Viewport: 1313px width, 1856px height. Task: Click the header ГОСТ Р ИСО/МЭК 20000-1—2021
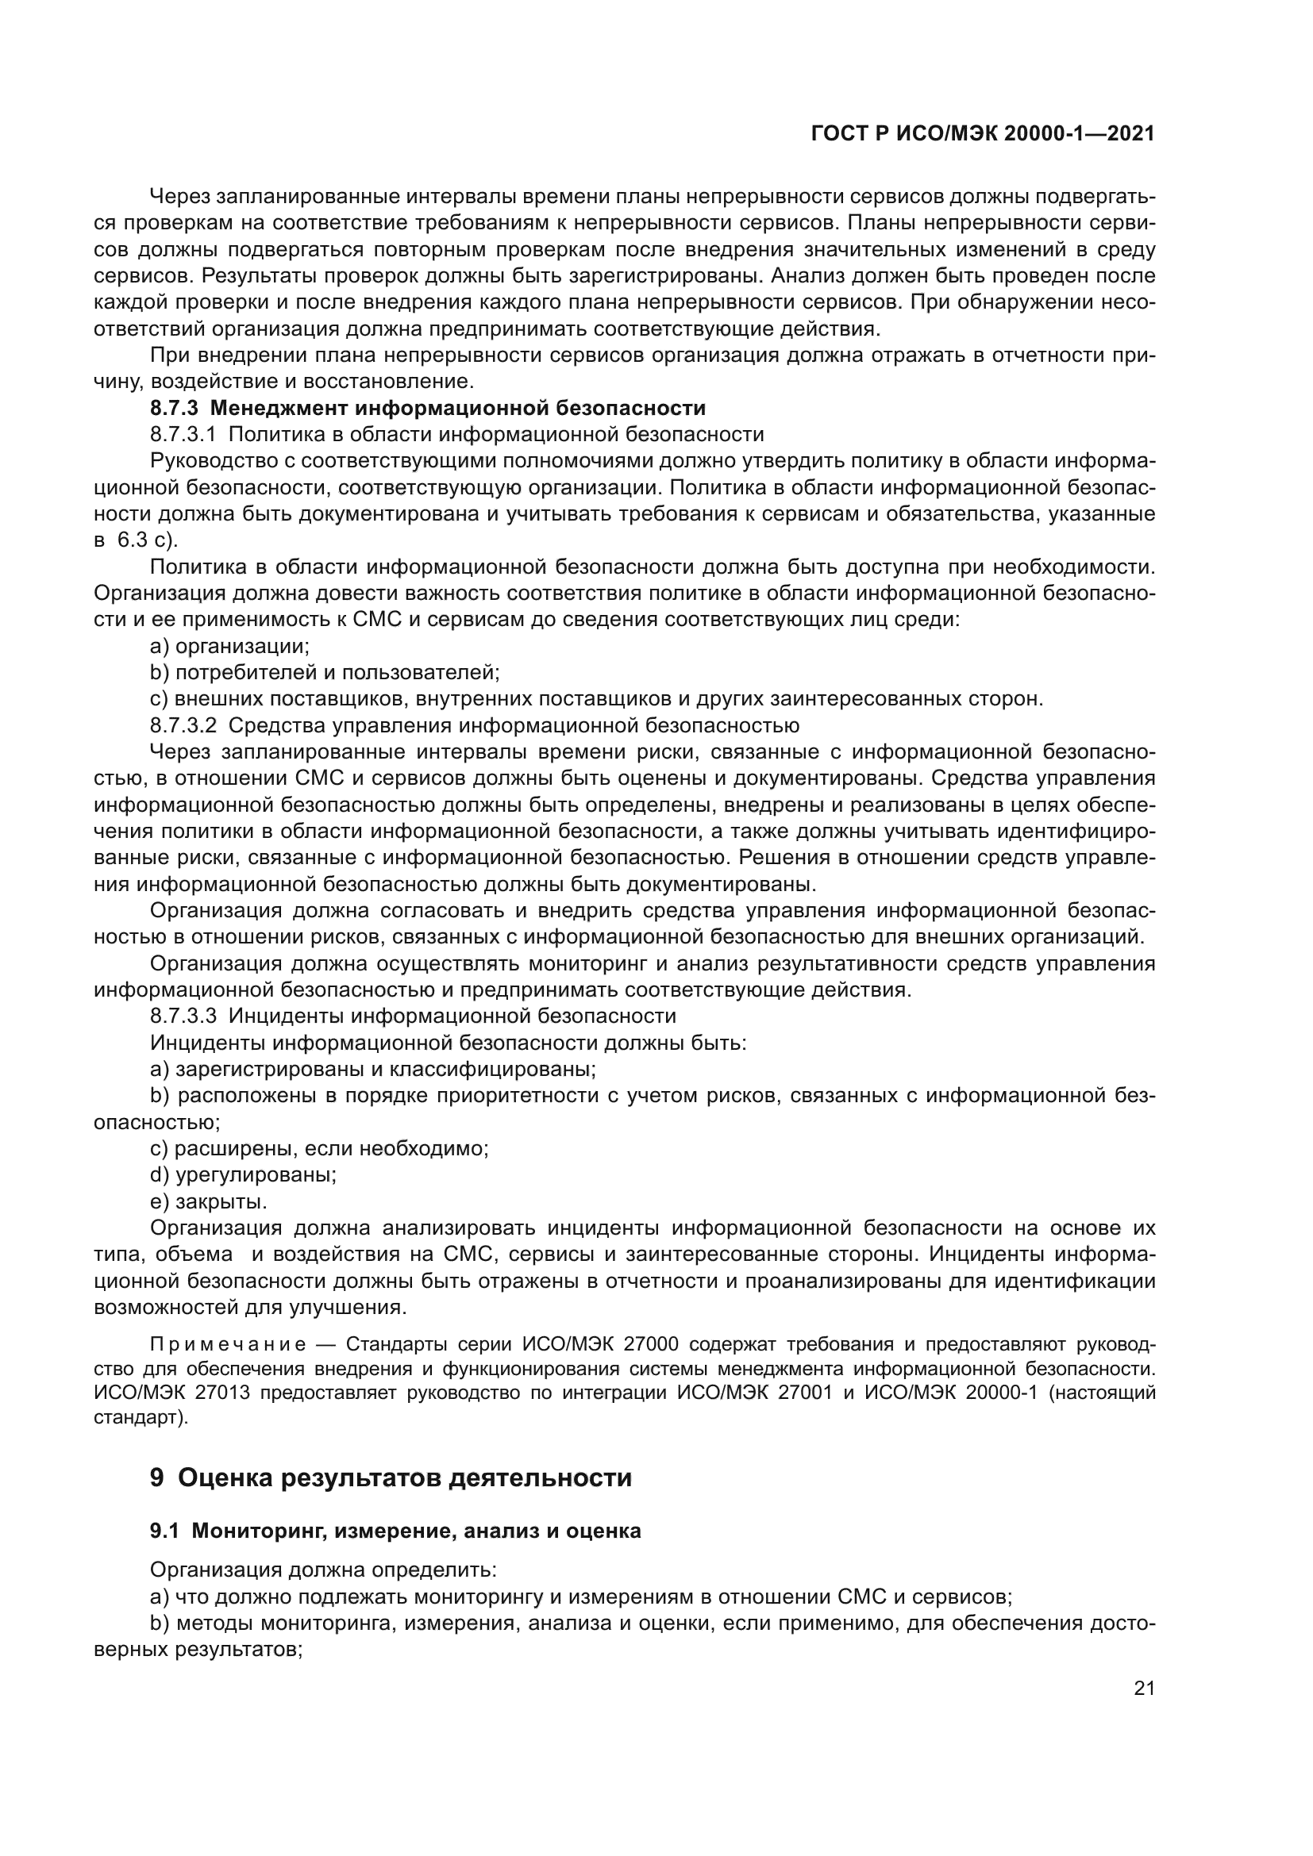coord(982,134)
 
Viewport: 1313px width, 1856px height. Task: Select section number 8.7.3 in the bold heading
coord(173,407)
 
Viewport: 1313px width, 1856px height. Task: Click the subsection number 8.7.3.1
coord(183,434)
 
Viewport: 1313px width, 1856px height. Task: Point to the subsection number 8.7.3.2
coord(183,724)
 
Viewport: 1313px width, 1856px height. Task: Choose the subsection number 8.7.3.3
coord(183,1016)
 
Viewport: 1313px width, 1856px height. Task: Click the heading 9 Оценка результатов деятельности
coord(391,1477)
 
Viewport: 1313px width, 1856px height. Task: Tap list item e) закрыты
coord(209,1201)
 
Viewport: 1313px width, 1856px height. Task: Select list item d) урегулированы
coord(244,1174)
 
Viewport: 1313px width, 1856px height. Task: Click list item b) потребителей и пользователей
coord(325,673)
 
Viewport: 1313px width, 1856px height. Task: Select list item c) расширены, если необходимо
coord(319,1148)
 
